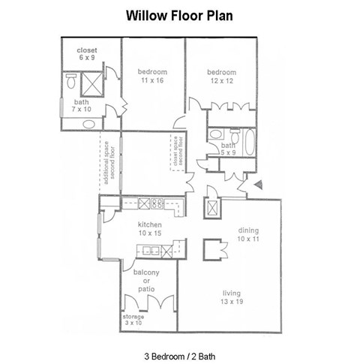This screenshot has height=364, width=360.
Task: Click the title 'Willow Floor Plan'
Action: (179, 15)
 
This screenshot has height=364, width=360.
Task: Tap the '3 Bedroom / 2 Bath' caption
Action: (179, 353)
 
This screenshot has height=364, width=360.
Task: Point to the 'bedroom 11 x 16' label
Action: (151, 76)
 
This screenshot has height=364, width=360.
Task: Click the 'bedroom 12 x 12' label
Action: (222, 77)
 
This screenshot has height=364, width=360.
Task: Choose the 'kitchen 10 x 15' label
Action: (148, 229)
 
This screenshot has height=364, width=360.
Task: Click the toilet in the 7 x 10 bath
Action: (72, 79)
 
